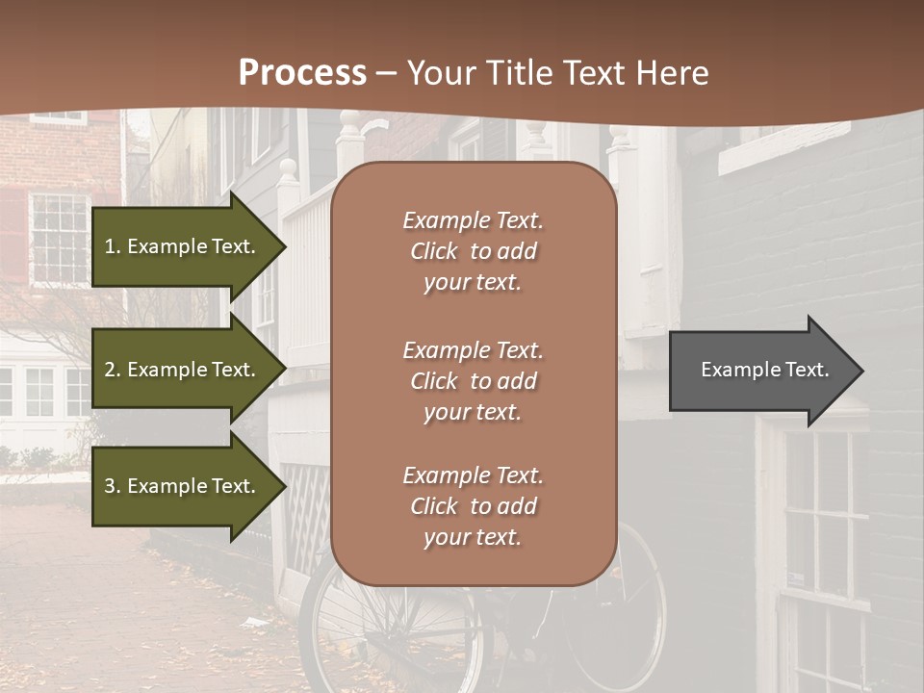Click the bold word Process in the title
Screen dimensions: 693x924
click(302, 73)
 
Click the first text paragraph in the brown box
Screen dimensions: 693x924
click(473, 251)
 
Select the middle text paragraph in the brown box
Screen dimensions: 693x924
click(473, 381)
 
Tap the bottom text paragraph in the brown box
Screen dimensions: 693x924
click(473, 506)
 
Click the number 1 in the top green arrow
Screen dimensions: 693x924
click(110, 246)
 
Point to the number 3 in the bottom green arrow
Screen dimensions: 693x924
click(110, 486)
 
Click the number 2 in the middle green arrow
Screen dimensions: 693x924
click(110, 370)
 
